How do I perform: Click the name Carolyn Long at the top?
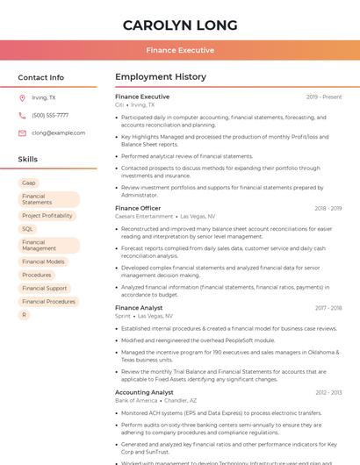click(x=179, y=25)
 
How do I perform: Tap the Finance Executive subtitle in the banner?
click(x=179, y=51)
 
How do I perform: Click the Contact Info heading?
click(x=40, y=77)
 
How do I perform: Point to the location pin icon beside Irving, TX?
click(x=22, y=98)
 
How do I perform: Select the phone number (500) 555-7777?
click(x=50, y=116)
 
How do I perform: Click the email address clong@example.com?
click(x=58, y=133)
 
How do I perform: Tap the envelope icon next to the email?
click(x=22, y=133)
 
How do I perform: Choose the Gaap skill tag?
click(x=29, y=182)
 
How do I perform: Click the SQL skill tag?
click(x=28, y=229)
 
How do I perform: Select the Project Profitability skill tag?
click(x=47, y=216)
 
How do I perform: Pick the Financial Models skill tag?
click(x=43, y=261)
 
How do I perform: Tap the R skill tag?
click(x=25, y=314)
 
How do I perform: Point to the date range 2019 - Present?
click(x=324, y=97)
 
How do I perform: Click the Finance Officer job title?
click(x=138, y=209)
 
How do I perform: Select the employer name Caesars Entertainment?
click(x=144, y=216)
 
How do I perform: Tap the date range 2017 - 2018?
click(x=328, y=308)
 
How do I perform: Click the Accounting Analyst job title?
click(x=144, y=393)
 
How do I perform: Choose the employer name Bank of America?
click(x=136, y=400)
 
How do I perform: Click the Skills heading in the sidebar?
click(x=27, y=160)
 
